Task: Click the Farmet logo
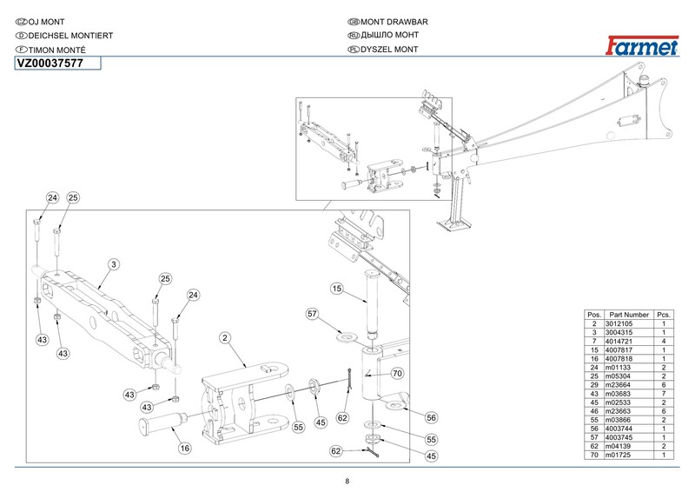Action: point(642,46)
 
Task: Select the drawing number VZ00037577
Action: point(50,63)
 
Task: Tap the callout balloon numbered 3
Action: point(114,264)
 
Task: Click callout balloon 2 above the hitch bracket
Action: point(225,338)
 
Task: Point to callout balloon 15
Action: point(337,289)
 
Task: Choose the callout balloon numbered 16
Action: point(185,449)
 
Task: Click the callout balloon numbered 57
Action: point(313,314)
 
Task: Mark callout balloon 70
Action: point(398,374)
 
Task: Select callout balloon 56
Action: point(431,417)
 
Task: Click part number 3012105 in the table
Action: point(619,324)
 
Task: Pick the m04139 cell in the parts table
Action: point(618,446)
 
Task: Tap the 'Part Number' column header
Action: point(629,315)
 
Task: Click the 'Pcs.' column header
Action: point(664,315)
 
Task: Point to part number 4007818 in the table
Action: point(619,359)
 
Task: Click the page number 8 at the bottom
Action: point(347,482)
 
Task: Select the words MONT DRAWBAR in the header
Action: point(394,22)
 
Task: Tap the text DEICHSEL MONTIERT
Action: point(70,36)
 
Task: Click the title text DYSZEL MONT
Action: point(389,50)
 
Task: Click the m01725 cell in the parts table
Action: point(618,455)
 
